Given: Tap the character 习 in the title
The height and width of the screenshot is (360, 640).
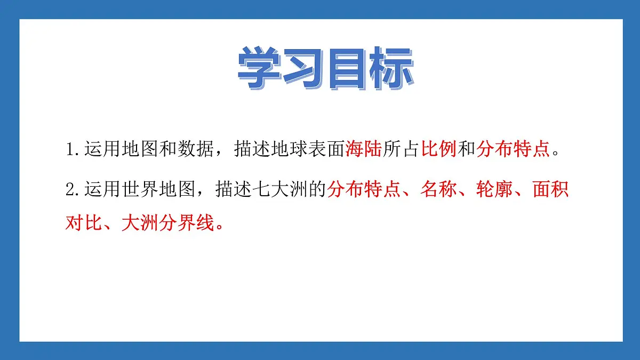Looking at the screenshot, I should pyautogui.click(x=303, y=68).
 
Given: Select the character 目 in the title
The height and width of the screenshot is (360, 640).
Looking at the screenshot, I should pyautogui.click(x=347, y=68).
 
